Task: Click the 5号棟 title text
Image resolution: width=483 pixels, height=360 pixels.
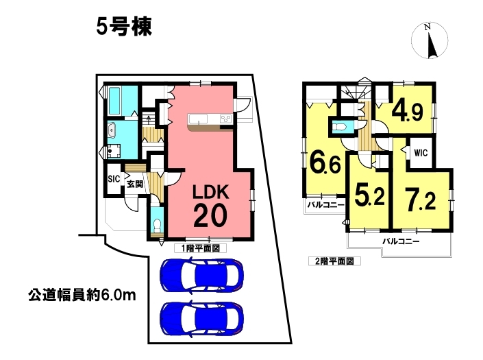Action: point(124,27)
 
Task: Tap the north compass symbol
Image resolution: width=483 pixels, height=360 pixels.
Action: point(430,40)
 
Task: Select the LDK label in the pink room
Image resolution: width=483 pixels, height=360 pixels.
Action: point(211,192)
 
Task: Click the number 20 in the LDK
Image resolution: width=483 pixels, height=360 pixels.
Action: point(210,216)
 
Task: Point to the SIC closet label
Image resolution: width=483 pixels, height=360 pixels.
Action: point(114,179)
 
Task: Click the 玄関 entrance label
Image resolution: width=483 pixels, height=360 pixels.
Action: point(135,184)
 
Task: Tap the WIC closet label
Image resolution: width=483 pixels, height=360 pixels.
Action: point(421,153)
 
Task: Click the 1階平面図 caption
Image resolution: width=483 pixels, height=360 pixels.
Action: point(201,248)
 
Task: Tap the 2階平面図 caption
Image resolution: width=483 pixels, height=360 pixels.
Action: point(334,261)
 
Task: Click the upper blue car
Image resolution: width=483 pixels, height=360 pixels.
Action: point(201,275)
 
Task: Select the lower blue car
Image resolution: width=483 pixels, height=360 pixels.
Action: point(201,318)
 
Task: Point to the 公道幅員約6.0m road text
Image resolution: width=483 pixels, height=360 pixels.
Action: point(82,296)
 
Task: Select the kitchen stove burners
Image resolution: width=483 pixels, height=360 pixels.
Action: point(226,119)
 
